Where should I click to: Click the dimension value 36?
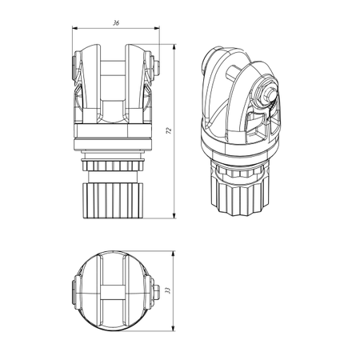(x=116, y=23)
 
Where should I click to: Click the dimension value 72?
(x=169, y=130)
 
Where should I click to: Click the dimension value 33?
(x=167, y=290)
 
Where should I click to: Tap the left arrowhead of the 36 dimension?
(x=75, y=28)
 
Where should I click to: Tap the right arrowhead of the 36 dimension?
(x=157, y=28)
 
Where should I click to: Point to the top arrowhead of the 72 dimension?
(x=174, y=47)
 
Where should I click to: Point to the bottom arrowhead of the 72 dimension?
(x=174, y=215)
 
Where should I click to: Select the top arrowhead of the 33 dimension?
(x=174, y=254)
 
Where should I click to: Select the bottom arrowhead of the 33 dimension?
(x=174, y=328)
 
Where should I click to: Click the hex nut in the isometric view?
(x=263, y=92)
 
